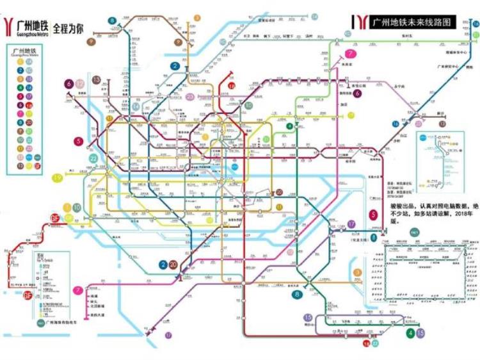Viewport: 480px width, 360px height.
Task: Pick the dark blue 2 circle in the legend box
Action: [20, 71]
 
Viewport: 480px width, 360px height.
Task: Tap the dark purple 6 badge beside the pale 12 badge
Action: [68, 83]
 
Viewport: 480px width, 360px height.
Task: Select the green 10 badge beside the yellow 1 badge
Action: [77, 208]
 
